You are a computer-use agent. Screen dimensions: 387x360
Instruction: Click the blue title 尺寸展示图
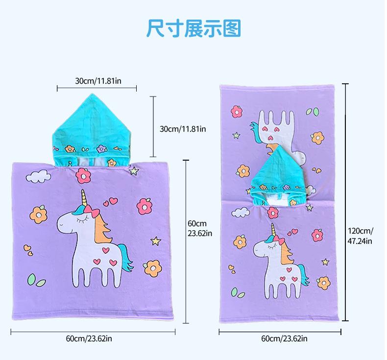pyautogui.click(x=194, y=28)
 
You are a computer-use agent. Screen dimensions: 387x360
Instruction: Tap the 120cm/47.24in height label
pyautogui.click(x=361, y=236)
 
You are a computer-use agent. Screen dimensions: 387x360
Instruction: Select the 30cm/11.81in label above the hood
pyautogui.click(x=98, y=81)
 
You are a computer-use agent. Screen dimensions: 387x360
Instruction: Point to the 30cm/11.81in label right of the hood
pyautogui.click(x=183, y=129)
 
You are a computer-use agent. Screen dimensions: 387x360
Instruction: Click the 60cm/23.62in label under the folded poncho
pyautogui.click(x=89, y=338)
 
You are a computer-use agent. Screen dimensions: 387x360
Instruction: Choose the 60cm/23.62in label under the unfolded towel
pyautogui.click(x=284, y=338)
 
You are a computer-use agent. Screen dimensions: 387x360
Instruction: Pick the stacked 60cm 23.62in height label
pyautogui.click(x=200, y=228)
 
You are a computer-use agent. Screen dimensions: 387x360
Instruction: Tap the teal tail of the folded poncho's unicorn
pyautogui.click(x=125, y=259)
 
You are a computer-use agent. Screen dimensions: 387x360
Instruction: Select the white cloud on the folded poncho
pyautogui.click(x=39, y=176)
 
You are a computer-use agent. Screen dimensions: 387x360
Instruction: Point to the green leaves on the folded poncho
pyautogui.click(x=36, y=280)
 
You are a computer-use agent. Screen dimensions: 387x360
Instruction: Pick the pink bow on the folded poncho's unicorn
pyautogui.click(x=92, y=212)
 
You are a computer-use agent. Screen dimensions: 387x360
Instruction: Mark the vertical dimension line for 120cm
pyautogui.click(x=346, y=202)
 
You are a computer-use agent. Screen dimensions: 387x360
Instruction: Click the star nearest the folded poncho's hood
pyautogui.click(x=134, y=171)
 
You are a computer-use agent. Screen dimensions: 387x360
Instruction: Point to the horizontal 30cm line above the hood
pyautogui.click(x=97, y=88)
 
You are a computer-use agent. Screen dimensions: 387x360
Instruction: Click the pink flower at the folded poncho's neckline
pyautogui.click(x=83, y=175)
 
